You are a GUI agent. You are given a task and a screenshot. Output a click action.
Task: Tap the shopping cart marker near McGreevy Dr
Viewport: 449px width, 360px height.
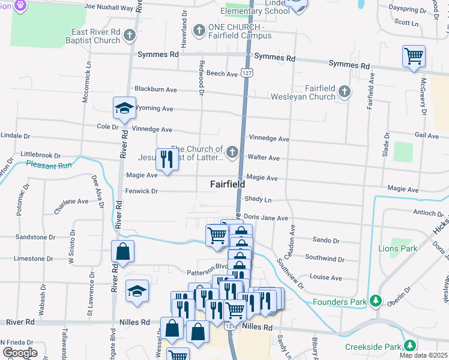(x=414, y=56)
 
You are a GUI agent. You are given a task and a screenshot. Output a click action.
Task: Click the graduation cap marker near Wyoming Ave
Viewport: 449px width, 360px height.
(x=124, y=109)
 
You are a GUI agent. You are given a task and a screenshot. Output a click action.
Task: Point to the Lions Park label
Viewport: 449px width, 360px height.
(x=397, y=248)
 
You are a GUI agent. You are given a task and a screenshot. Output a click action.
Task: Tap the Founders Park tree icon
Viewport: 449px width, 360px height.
(x=376, y=301)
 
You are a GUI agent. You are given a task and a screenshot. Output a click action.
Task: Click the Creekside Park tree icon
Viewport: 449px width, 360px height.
(x=410, y=346)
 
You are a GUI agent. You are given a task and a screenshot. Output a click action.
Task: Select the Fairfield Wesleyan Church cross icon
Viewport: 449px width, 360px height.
(x=344, y=92)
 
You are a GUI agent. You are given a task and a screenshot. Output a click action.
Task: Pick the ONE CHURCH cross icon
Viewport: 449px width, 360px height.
(x=199, y=29)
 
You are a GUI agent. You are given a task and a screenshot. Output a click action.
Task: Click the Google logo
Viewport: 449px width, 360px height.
(x=19, y=352)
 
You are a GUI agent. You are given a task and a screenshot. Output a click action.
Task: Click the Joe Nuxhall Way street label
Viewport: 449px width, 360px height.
(x=109, y=7)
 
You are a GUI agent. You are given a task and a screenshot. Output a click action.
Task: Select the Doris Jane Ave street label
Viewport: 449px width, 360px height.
(x=266, y=218)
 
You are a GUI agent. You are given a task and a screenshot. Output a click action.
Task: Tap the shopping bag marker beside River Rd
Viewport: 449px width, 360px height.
(x=122, y=253)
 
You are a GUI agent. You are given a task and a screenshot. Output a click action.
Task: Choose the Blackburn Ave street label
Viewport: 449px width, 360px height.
(x=155, y=89)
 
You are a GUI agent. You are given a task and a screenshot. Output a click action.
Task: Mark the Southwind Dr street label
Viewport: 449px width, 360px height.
(x=324, y=259)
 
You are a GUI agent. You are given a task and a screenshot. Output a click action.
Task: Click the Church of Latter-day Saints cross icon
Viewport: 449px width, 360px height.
(x=232, y=151)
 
